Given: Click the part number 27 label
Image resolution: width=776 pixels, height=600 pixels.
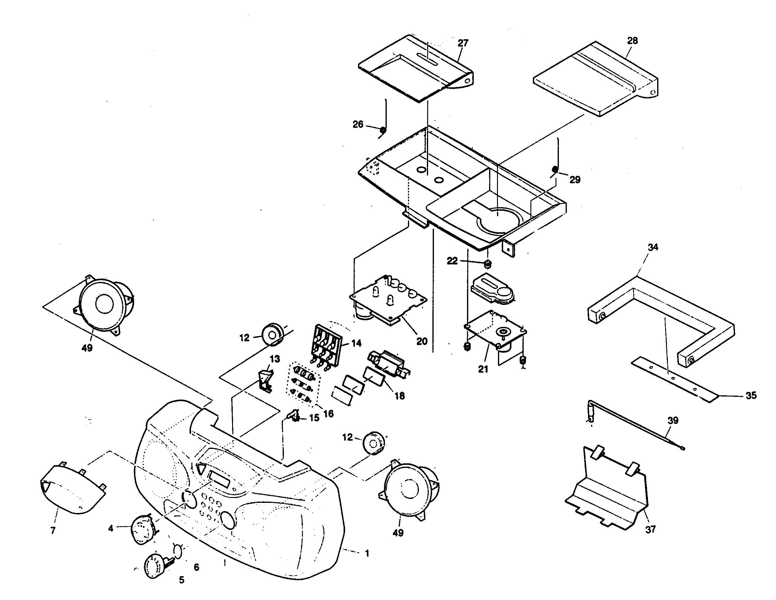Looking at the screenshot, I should pyautogui.click(x=463, y=43).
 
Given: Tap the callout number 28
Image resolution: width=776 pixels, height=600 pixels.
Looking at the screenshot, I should pyautogui.click(x=632, y=40).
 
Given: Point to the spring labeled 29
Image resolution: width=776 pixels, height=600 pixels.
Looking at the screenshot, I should pyautogui.click(x=555, y=169).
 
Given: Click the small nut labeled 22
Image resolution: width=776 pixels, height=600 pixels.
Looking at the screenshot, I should pyautogui.click(x=488, y=264).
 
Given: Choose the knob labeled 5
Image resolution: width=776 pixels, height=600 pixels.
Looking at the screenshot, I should pyautogui.click(x=155, y=566).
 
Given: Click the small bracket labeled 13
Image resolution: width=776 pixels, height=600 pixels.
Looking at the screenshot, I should pyautogui.click(x=265, y=380).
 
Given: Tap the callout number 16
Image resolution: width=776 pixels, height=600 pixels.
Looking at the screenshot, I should pyautogui.click(x=328, y=413).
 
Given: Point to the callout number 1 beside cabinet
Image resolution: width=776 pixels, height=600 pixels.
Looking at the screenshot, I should pyautogui.click(x=367, y=553).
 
